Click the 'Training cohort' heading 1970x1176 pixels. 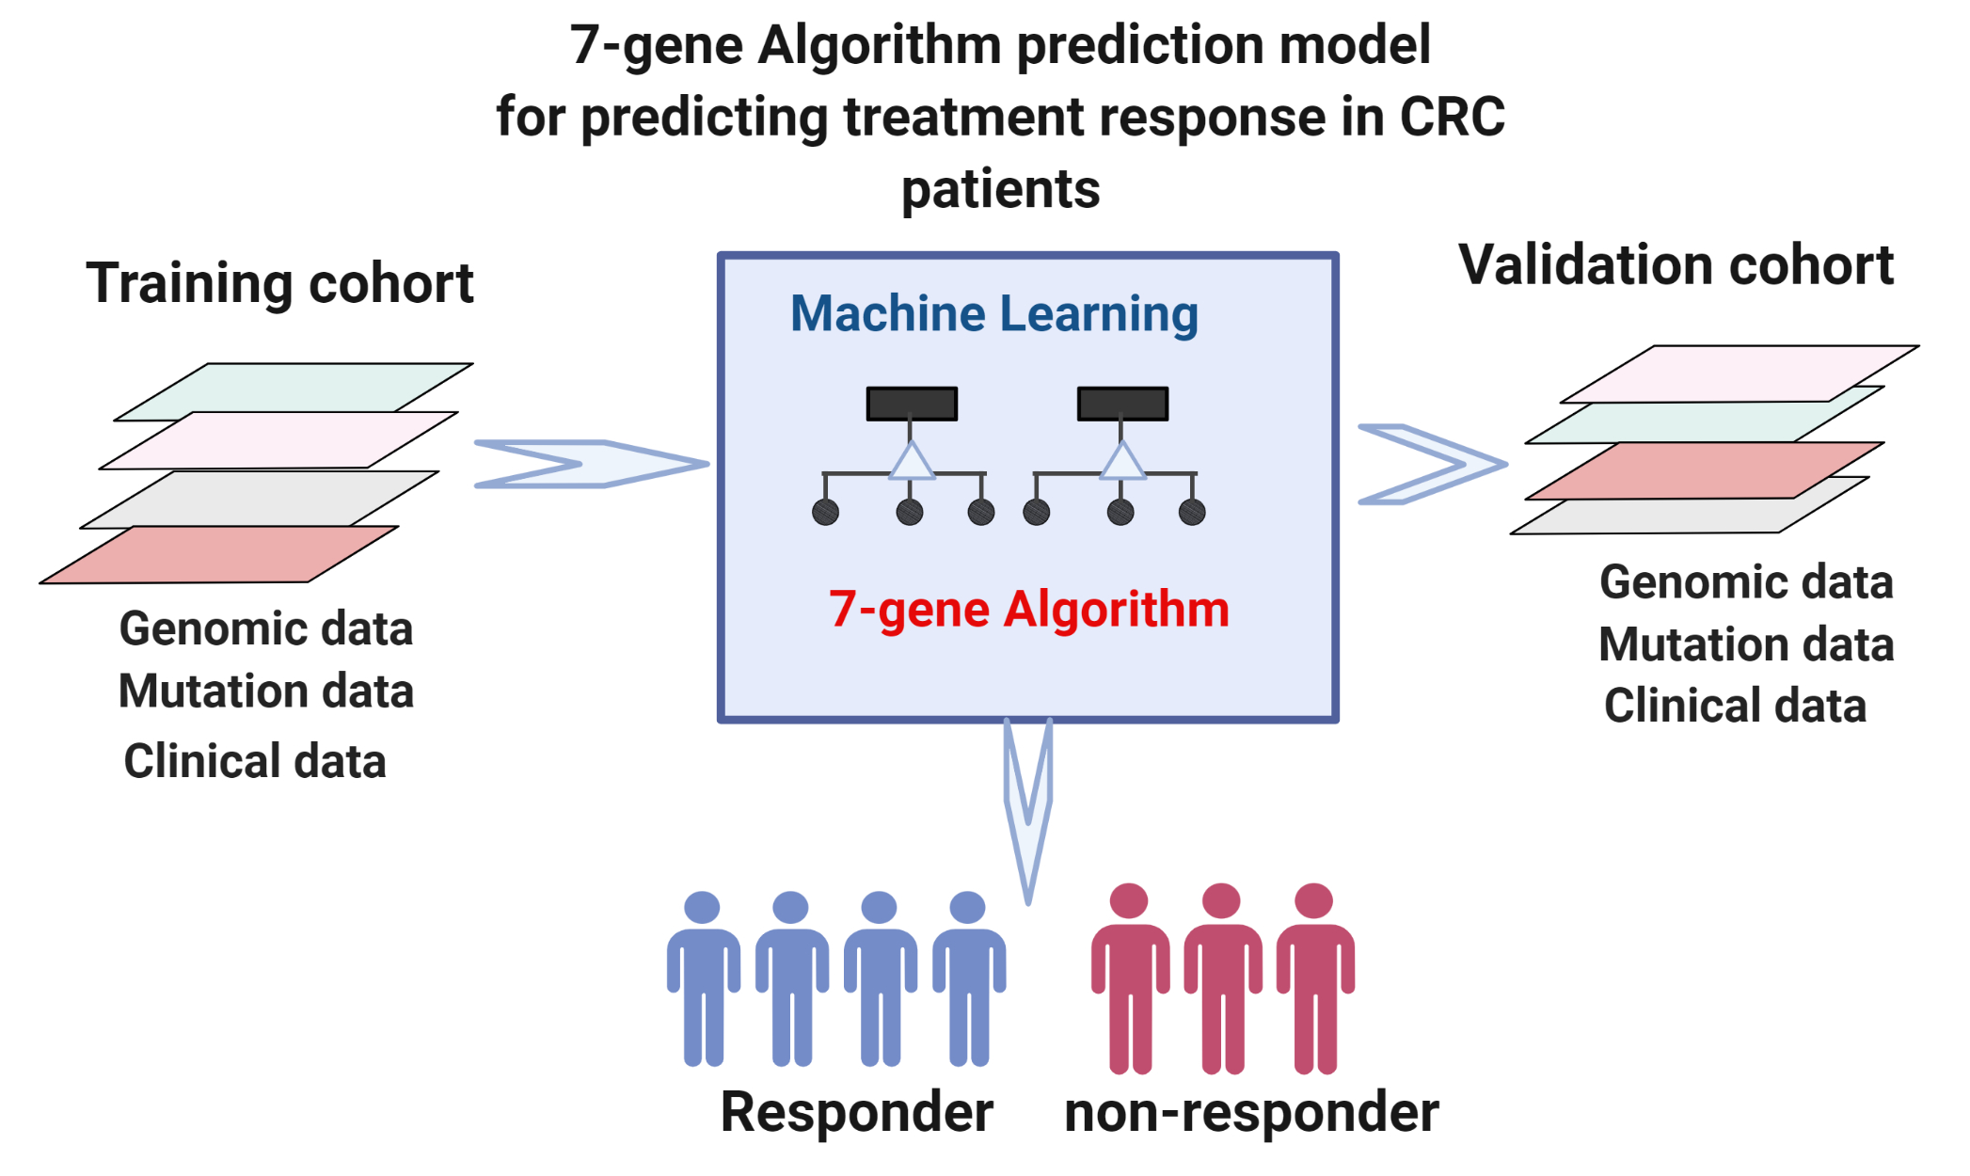(x=279, y=283)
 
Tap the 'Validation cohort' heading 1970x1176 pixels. (x=1676, y=265)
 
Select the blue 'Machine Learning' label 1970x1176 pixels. (x=994, y=313)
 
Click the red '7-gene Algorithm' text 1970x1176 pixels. (x=1028, y=609)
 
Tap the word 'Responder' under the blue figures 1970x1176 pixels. (x=856, y=1112)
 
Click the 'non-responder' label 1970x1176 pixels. (x=1250, y=1112)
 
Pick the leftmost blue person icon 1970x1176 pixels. (x=703, y=978)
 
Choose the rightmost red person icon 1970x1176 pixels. (x=1314, y=978)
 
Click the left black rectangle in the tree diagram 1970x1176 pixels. (x=912, y=404)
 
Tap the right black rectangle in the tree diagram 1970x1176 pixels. (x=1122, y=404)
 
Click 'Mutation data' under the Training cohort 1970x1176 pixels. (x=266, y=691)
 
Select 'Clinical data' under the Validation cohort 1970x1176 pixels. (x=1735, y=706)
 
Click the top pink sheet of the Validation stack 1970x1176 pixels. (x=1740, y=373)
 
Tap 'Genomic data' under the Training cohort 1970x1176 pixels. (x=266, y=628)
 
